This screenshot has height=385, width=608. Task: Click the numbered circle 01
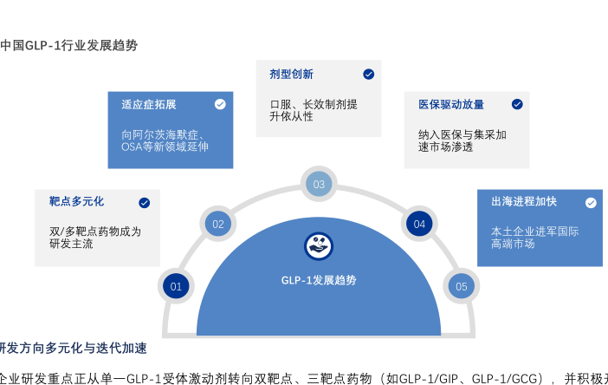[x=176, y=286]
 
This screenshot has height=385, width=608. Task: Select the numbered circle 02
[x=218, y=224]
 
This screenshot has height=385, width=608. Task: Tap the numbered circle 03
[x=319, y=184]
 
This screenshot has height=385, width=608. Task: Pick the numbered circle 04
[x=419, y=224]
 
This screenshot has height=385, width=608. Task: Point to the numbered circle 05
[x=461, y=286]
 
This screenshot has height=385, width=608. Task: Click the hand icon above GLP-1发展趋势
[x=319, y=246]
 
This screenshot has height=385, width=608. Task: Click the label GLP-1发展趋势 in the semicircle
[x=319, y=280]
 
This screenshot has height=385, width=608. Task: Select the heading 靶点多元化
[x=77, y=202]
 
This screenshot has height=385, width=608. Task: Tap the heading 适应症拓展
[x=149, y=104]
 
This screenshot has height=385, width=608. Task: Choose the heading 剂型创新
[x=292, y=75]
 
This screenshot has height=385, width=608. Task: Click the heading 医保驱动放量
[x=451, y=104]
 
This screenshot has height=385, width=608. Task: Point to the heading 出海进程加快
[x=524, y=202]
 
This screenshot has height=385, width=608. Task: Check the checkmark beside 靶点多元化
[x=144, y=203]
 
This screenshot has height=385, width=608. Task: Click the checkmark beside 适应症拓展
[x=220, y=104]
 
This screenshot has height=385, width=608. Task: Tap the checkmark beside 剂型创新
[x=368, y=75]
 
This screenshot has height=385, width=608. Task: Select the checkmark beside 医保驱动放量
[x=517, y=104]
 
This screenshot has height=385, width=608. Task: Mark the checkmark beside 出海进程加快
[x=591, y=203]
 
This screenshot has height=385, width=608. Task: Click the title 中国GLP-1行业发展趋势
[x=69, y=45]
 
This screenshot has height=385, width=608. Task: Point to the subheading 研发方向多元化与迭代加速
[x=73, y=349]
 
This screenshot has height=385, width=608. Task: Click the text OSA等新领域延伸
[x=165, y=147]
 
